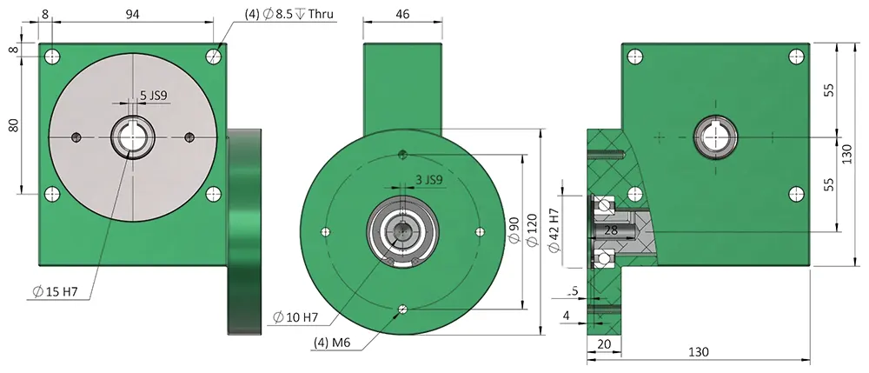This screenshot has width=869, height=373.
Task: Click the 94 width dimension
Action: pyautogui.click(x=132, y=14)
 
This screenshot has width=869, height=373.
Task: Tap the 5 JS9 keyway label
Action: pyautogui.click(x=152, y=96)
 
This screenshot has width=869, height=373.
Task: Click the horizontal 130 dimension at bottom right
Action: pyautogui.click(x=698, y=351)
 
